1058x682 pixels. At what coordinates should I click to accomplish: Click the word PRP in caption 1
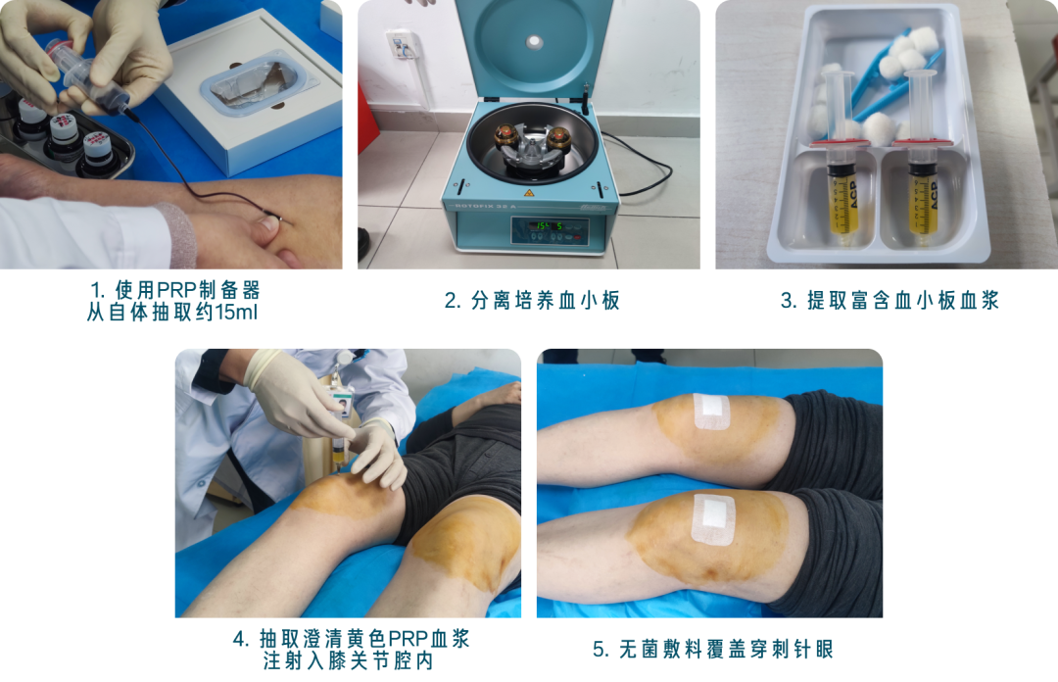point(176,290)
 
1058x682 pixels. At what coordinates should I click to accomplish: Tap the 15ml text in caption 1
point(235,312)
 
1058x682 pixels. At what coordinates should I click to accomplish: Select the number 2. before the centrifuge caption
point(452,301)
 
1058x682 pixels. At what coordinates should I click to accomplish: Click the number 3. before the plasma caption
point(789,301)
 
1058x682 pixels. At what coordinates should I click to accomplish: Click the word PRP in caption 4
point(408,639)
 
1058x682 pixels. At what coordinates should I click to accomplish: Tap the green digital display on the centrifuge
point(550,226)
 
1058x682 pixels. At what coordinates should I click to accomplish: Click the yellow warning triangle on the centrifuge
point(529,194)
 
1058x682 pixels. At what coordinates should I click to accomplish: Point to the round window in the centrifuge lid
point(535,42)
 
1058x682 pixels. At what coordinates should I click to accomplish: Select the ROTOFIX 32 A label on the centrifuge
point(486,206)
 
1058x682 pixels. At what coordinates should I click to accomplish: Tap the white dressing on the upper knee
point(712,412)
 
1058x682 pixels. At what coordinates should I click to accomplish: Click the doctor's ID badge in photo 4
point(342,403)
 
